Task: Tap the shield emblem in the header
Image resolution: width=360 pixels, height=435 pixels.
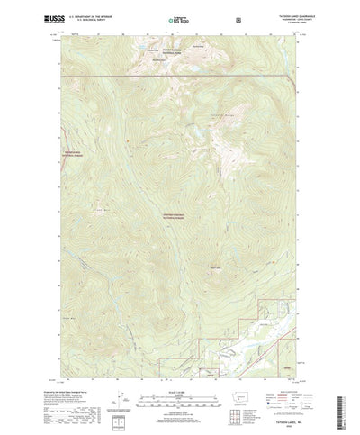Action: click(238, 18)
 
